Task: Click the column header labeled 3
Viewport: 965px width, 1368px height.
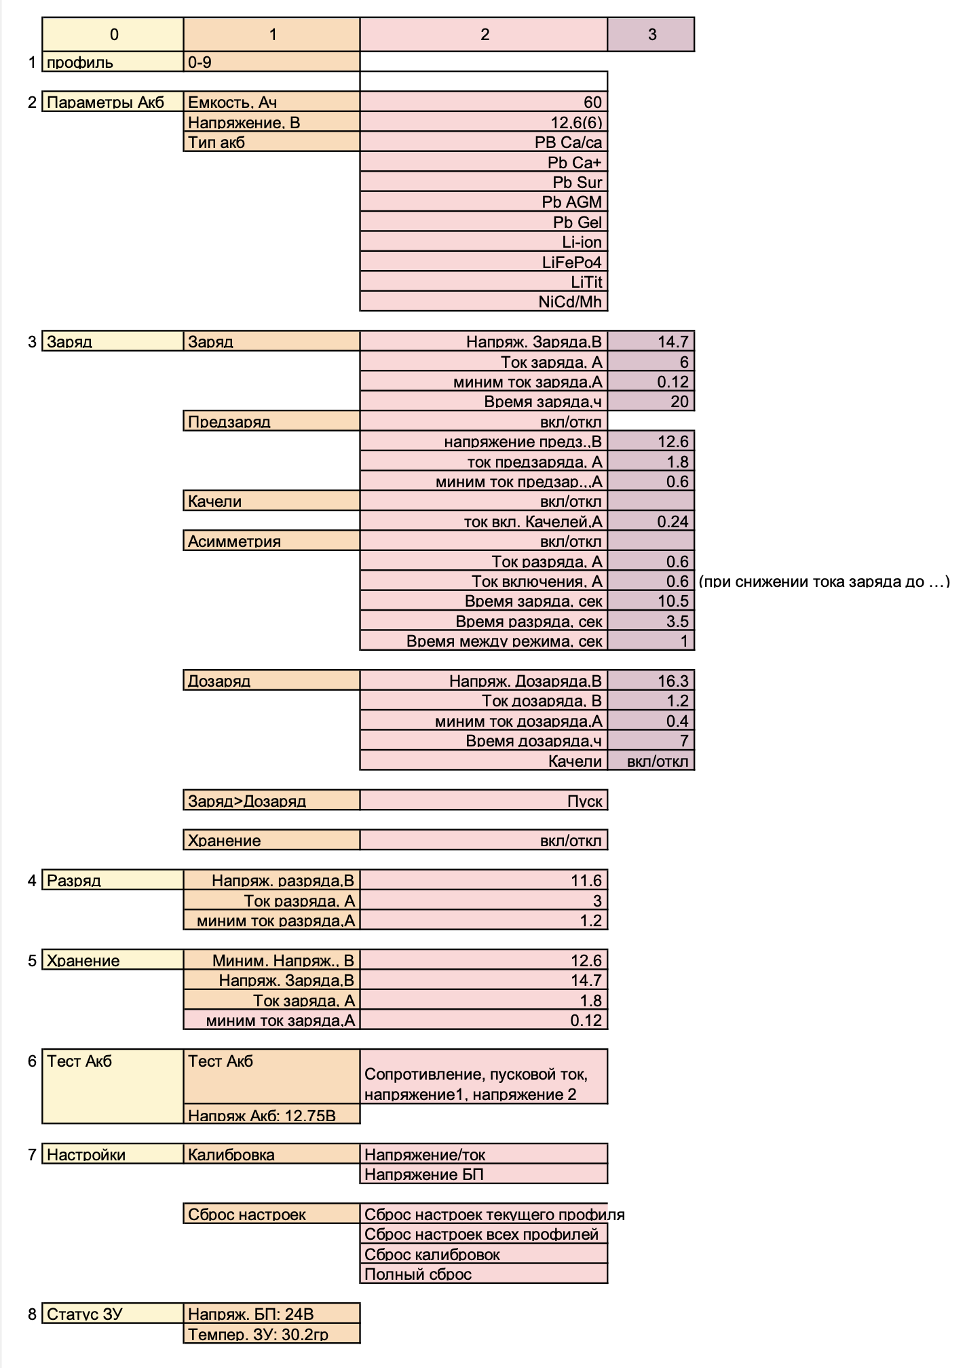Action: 651,35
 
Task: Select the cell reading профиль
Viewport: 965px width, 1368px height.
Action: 113,62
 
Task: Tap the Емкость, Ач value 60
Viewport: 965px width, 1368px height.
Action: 483,102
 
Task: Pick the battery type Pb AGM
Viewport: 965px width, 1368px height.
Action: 483,202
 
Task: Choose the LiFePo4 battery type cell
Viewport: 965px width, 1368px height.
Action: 483,262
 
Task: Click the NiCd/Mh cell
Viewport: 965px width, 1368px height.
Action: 483,301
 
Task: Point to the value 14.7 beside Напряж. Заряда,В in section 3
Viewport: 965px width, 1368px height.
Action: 651,341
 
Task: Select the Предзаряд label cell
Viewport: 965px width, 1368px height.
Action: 271,421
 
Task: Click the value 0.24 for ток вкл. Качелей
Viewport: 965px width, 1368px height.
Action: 651,521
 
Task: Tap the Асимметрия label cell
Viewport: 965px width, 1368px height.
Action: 271,541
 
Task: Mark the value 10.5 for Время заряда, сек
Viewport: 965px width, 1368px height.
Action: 651,601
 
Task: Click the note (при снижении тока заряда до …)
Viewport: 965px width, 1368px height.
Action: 824,582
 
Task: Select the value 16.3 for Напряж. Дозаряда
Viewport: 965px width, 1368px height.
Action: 651,681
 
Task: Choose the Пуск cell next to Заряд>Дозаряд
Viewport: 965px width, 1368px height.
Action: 483,801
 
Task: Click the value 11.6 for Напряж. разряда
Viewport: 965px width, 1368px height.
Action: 483,880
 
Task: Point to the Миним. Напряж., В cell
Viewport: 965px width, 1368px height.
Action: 271,960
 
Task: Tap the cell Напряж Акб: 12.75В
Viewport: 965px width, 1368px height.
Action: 271,1115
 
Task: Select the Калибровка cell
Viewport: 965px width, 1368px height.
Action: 271,1154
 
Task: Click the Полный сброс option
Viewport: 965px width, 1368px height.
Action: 483,1274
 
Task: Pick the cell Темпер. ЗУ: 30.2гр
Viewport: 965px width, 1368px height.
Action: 271,1334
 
